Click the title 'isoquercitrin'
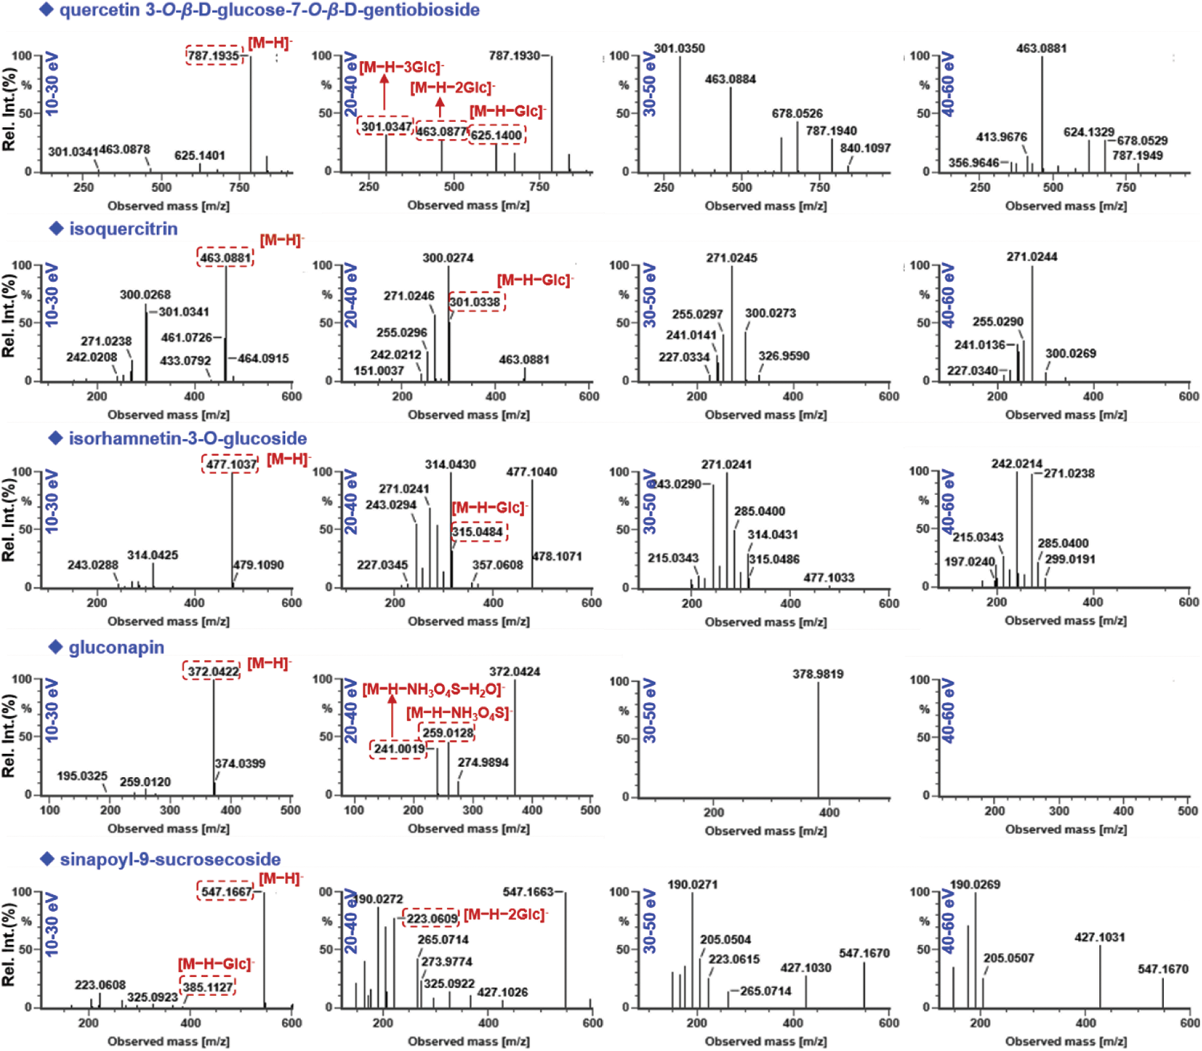pos(123,229)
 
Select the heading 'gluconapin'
pos(116,648)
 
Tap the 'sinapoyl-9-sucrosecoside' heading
pos(170,860)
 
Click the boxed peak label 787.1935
pos(214,56)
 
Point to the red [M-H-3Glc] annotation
pos(401,67)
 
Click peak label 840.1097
pos(865,149)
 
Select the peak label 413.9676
pos(1001,137)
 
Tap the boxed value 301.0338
pos(475,302)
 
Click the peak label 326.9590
pos(784,356)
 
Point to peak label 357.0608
pos(498,565)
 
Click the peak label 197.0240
pos(969,562)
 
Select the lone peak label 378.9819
pos(818,674)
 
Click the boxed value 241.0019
pos(399,749)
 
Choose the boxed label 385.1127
pos(208,987)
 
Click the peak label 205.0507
pos(1009,959)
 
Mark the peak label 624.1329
pos(1089,132)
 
